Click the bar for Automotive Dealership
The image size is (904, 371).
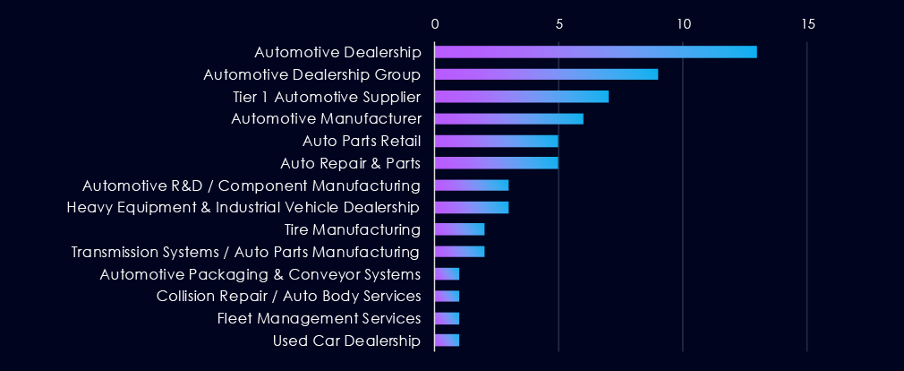coord(595,51)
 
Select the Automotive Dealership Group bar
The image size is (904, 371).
coord(546,73)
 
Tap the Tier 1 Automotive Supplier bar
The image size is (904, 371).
coord(521,96)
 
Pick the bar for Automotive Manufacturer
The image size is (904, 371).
coord(508,118)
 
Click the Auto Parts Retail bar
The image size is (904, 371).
coord(496,141)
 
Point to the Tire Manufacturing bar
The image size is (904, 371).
coord(459,229)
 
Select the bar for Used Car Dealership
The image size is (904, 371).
coord(447,341)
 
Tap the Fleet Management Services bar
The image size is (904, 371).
coord(447,318)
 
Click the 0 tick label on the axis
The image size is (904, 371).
coord(435,24)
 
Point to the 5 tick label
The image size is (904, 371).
coord(559,24)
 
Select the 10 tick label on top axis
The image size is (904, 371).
coord(684,24)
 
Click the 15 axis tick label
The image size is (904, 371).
coord(808,24)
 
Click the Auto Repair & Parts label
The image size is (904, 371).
coord(350,163)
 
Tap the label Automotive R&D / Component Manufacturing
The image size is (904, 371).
coord(252,185)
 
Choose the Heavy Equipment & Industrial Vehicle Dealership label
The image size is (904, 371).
coord(243,208)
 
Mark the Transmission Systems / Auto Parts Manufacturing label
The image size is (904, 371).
coord(246,252)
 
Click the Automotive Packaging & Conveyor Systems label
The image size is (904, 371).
coord(260,273)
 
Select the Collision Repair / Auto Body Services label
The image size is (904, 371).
coord(288,296)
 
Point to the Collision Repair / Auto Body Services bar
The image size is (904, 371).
coord(447,296)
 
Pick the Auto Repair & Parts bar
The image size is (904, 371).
coord(496,163)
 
